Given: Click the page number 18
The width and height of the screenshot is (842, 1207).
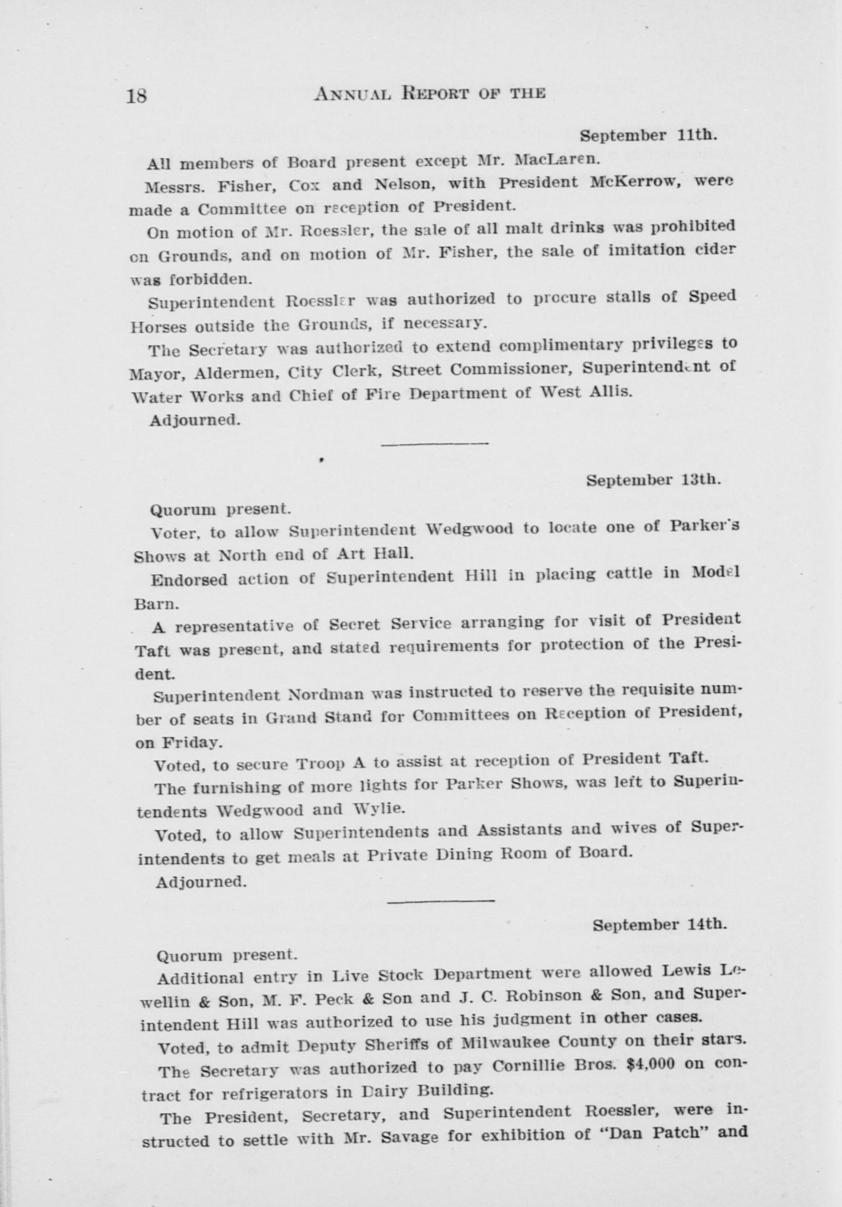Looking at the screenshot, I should [x=137, y=96].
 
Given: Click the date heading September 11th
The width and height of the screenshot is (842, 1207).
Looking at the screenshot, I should [x=648, y=136].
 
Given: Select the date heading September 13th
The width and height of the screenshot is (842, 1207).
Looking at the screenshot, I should [x=653, y=480].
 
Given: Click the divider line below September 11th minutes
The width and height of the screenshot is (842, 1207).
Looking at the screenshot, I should [x=434, y=445].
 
